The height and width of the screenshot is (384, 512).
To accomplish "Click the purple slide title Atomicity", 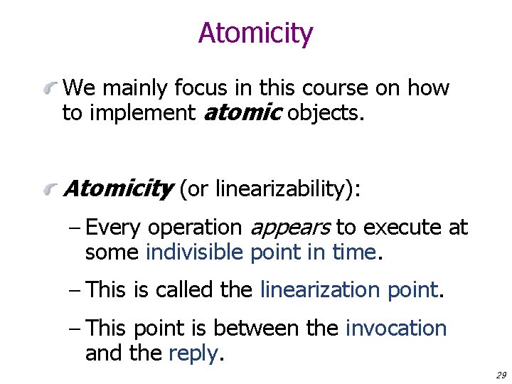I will [255, 33].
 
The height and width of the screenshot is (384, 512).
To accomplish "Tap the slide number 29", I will [499, 375].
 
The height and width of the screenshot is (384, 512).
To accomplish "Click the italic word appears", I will [289, 228].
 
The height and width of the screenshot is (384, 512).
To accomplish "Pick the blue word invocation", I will [396, 329].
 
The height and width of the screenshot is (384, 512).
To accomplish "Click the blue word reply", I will [192, 353].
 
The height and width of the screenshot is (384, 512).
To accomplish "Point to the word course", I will [338, 88].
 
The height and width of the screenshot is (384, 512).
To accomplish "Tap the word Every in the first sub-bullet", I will [114, 228].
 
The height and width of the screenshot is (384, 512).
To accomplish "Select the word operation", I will [194, 228].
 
